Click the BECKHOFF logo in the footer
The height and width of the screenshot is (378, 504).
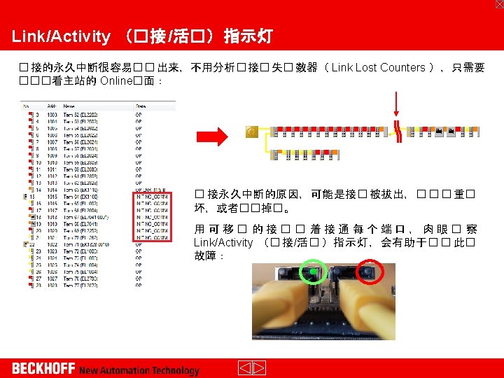tap(43, 368)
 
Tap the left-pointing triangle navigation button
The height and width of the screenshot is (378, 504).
tap(245, 368)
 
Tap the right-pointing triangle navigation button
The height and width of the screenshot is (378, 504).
tap(259, 368)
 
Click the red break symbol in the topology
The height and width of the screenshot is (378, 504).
tap(398, 132)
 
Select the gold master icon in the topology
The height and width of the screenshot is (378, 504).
tap(252, 131)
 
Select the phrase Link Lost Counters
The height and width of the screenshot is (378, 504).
tap(378, 68)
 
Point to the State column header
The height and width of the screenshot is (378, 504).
tap(140, 105)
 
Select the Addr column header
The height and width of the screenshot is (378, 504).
tap(51, 105)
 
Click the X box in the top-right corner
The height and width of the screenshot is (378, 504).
tap(498, 4)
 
